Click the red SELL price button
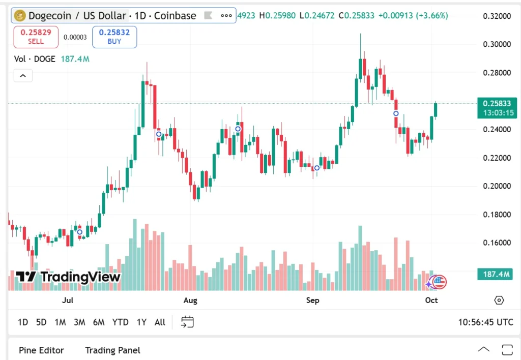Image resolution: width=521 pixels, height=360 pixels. pyautogui.click(x=29, y=37)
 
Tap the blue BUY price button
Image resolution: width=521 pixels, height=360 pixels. pyautogui.click(x=114, y=37)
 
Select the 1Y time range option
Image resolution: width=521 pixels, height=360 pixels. pyautogui.click(x=141, y=322)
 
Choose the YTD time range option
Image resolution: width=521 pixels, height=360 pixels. pyautogui.click(x=120, y=322)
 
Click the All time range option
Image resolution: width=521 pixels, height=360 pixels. pyautogui.click(x=160, y=322)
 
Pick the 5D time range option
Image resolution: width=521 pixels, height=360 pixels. pyautogui.click(x=41, y=322)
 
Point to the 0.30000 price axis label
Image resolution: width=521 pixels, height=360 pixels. pyautogui.click(x=497, y=44)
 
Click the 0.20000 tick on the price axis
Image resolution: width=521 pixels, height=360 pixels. pyautogui.click(x=497, y=186)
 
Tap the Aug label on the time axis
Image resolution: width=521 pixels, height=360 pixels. pyautogui.click(x=190, y=300)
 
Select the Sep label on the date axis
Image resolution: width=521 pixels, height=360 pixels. pyautogui.click(x=313, y=300)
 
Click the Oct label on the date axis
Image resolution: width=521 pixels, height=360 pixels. pyautogui.click(x=431, y=300)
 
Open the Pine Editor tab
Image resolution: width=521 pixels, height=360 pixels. pyautogui.click(x=41, y=350)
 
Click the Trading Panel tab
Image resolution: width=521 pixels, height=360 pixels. pyautogui.click(x=112, y=350)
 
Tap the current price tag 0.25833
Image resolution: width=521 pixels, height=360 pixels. pyautogui.click(x=497, y=104)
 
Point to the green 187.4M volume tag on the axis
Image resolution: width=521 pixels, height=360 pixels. pyautogui.click(x=496, y=275)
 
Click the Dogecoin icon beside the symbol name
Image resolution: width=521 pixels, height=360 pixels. pyautogui.click(x=20, y=16)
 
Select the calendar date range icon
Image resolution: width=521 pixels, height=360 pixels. pyautogui.click(x=187, y=322)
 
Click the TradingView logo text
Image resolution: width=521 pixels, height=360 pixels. pyautogui.click(x=68, y=277)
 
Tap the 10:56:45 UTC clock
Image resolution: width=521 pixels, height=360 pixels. pyautogui.click(x=485, y=322)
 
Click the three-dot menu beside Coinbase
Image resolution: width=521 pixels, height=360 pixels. pyautogui.click(x=226, y=16)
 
